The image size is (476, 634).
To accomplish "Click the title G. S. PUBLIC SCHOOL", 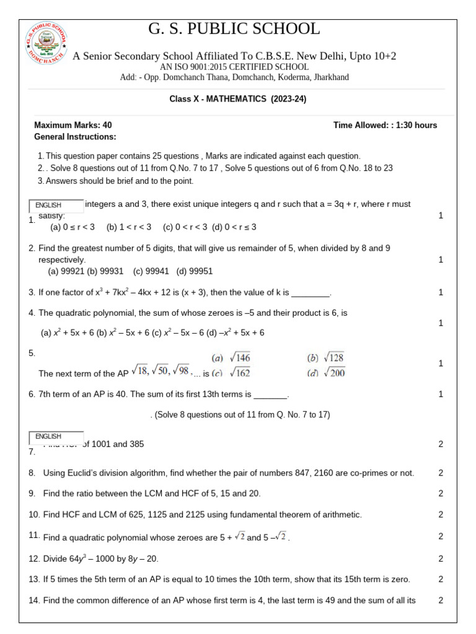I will tap(234, 29).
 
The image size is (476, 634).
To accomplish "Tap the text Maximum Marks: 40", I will tap(73, 125).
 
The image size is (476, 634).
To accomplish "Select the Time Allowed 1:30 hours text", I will tap(385, 125).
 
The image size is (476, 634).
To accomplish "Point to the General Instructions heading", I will tap(75, 137).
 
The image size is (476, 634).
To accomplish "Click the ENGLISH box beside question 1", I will tap(56, 206).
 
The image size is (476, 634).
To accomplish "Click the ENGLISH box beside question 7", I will tap(56, 437).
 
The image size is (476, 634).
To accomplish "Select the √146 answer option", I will tap(231, 358).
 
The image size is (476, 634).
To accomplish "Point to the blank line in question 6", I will tap(271, 395).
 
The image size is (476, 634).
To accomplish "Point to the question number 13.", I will tap(34, 579).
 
